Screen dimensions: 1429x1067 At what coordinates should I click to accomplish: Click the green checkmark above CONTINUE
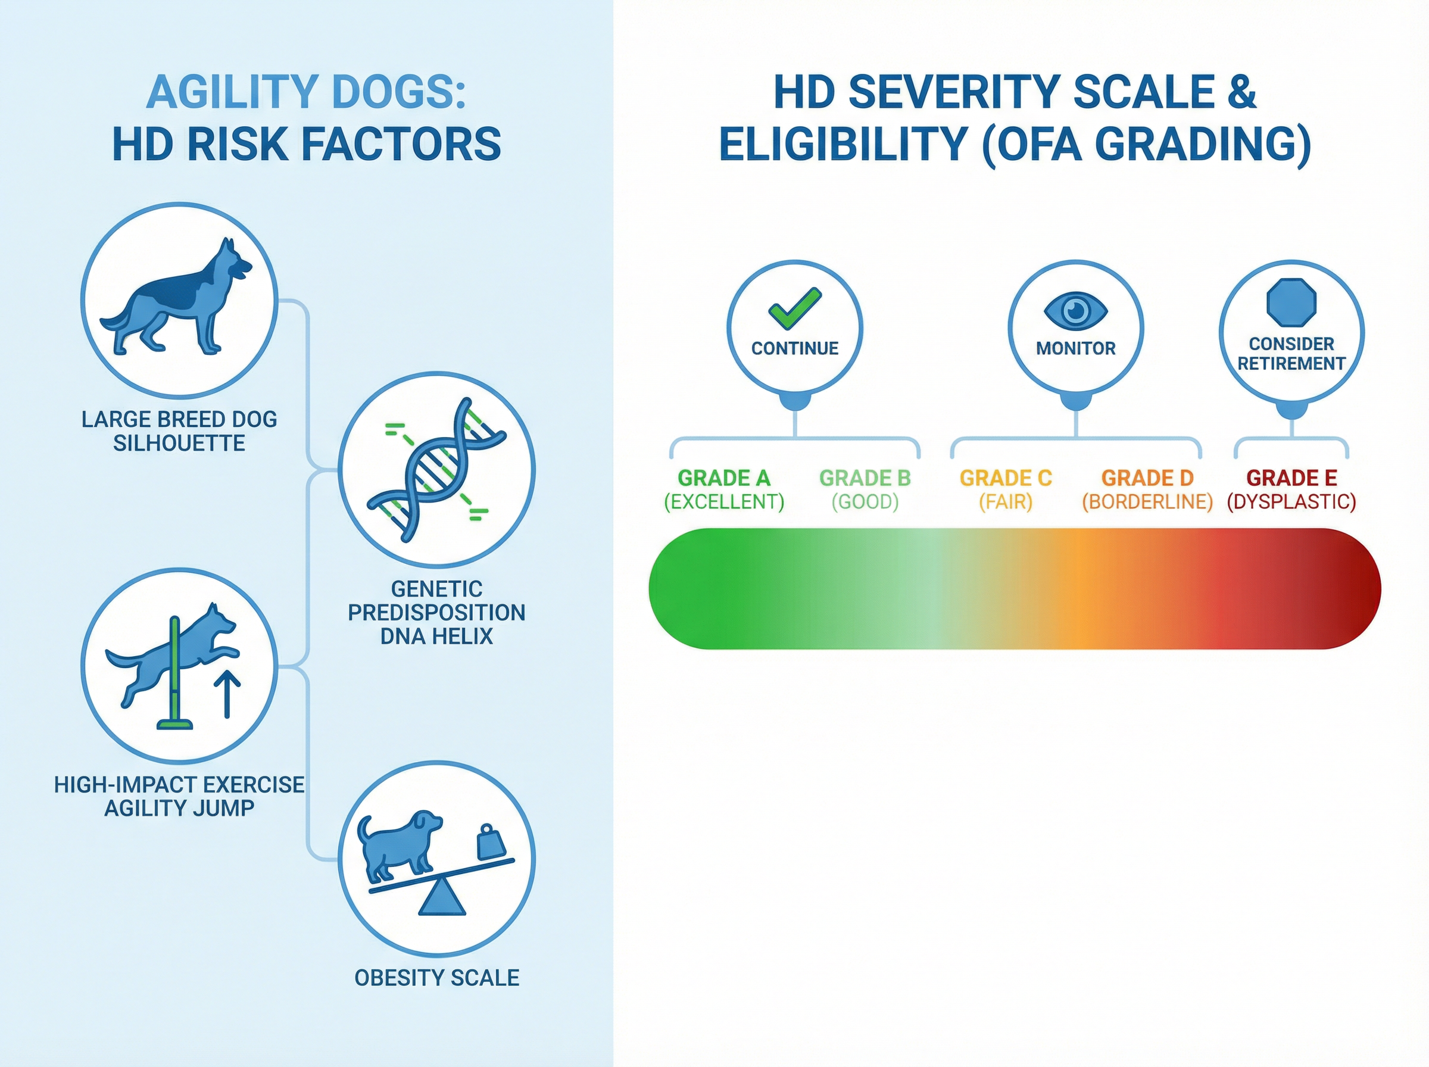[794, 308]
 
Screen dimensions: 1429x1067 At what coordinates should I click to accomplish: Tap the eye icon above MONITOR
[1076, 310]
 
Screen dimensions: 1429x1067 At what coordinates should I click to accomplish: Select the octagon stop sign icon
[1291, 302]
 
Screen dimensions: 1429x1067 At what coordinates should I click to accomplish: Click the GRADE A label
[724, 478]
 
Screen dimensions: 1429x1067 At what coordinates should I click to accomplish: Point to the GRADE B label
[865, 478]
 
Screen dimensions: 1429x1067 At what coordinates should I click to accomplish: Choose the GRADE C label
[1006, 478]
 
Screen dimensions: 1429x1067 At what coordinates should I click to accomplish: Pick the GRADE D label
[1147, 478]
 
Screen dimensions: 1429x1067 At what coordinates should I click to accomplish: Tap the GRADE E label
[1291, 478]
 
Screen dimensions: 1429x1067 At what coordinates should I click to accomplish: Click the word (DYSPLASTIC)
[1291, 502]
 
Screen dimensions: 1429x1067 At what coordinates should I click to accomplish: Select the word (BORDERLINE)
[1147, 502]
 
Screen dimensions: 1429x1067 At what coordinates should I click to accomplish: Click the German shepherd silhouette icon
[176, 297]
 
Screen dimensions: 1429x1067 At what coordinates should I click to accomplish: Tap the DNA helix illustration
[437, 470]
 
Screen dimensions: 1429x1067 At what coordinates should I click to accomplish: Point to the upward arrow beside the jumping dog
[227, 694]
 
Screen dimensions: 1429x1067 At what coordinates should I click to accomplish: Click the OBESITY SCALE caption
[437, 978]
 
